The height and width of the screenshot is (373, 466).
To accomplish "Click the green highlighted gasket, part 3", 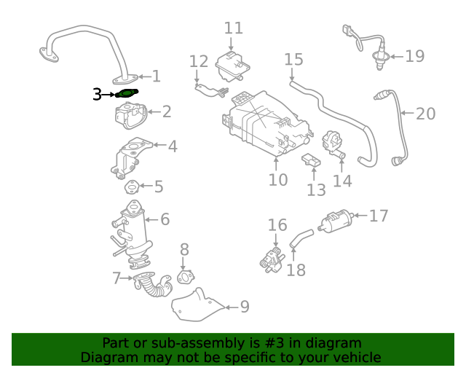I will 128,93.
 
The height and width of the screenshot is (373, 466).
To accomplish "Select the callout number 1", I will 156,76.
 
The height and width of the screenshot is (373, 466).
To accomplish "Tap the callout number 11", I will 233,28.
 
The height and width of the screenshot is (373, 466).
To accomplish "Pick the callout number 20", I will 426,114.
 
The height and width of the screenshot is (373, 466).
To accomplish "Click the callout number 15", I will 293,59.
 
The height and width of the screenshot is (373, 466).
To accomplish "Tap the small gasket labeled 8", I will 186,277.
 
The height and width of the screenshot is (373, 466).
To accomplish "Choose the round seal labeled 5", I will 133,187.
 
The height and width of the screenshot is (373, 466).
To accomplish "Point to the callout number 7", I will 116,278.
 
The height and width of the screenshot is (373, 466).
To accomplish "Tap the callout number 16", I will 277,224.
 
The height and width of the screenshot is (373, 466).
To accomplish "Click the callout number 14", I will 342,180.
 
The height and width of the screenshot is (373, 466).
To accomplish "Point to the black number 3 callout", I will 97,94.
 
